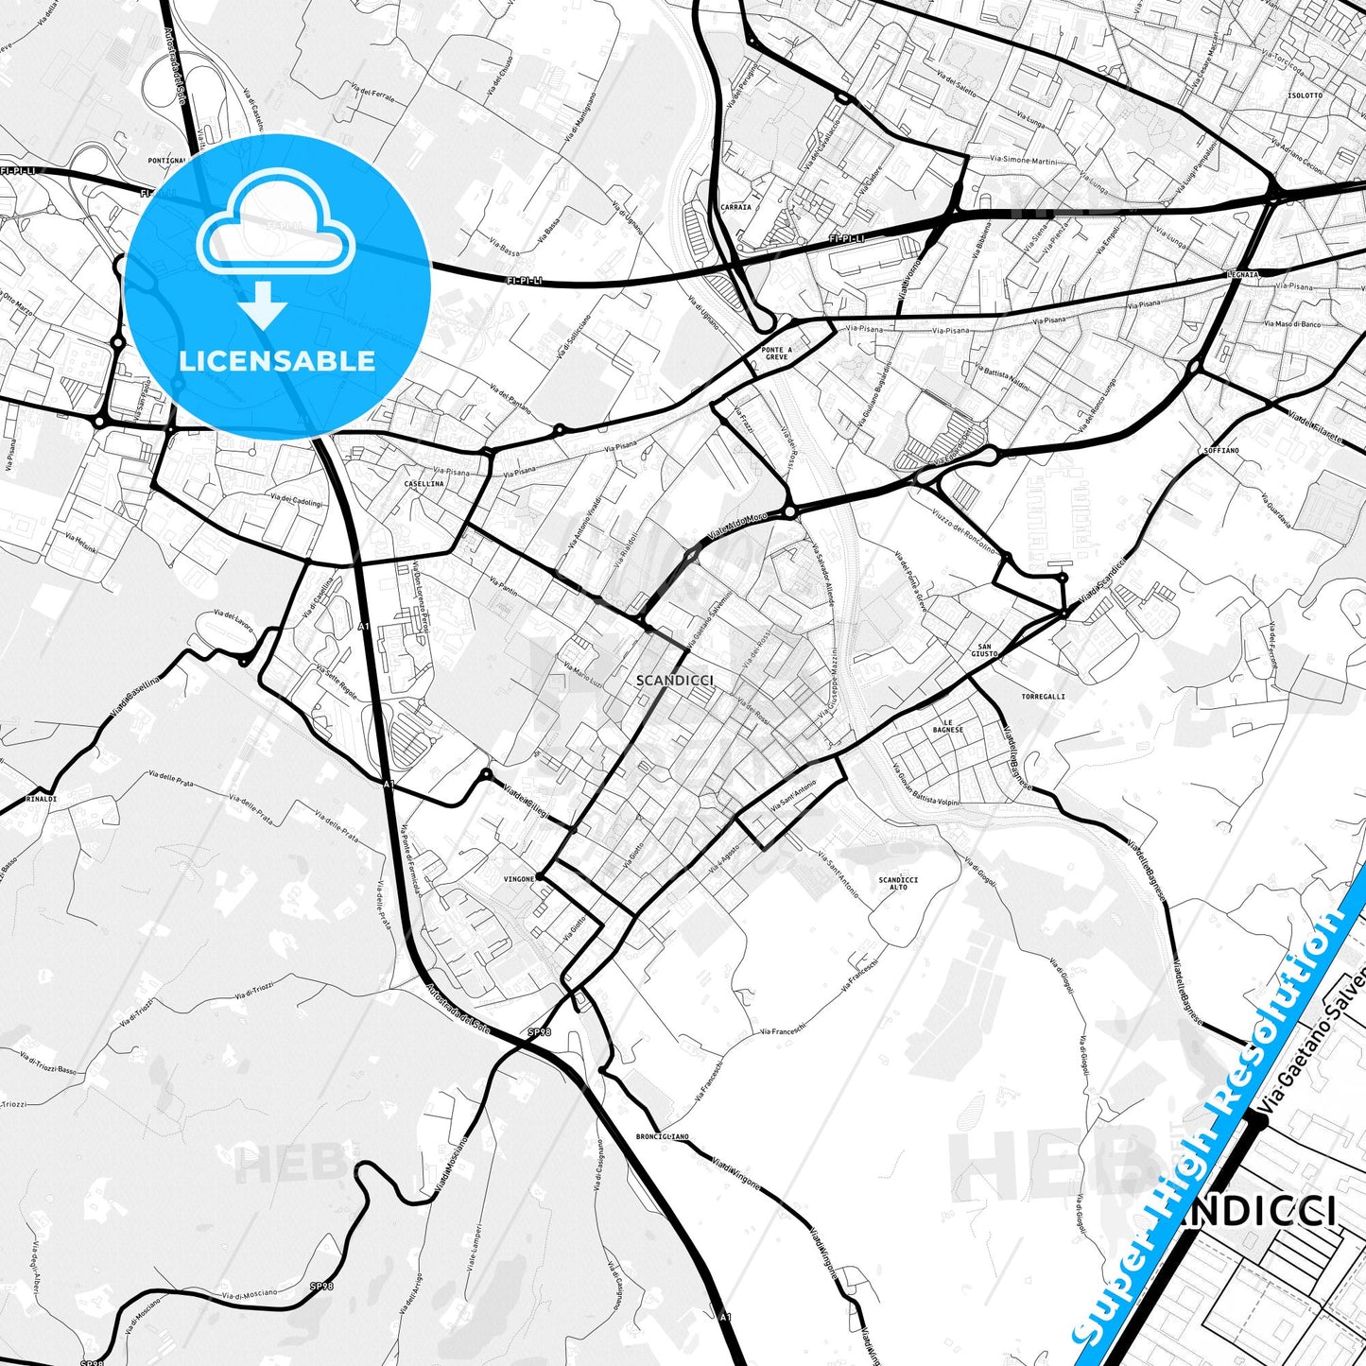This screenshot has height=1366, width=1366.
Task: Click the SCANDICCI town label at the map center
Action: pos(675,680)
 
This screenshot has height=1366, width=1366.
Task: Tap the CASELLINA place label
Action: pos(424,483)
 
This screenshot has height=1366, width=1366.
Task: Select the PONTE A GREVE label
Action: pos(776,354)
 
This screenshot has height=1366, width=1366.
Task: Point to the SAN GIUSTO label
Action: pos(985,650)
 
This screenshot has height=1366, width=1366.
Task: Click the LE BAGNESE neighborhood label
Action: pos(948,726)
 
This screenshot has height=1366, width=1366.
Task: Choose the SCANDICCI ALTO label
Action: pos(898,883)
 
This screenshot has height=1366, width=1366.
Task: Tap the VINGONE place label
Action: pos(519,879)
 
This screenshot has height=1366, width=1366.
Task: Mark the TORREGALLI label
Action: pos(1043,697)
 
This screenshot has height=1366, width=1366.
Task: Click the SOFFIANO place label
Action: pos(1221,451)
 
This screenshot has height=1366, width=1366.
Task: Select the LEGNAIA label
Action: pos(1245,274)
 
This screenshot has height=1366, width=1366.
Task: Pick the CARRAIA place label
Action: pos(735,207)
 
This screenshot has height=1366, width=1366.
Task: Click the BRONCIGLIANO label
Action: pos(663,1136)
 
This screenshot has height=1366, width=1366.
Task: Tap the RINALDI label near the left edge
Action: pos(42,799)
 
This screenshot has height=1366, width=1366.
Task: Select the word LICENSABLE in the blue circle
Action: pos(277,360)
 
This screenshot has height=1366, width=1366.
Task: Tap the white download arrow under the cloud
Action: pos(263,304)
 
